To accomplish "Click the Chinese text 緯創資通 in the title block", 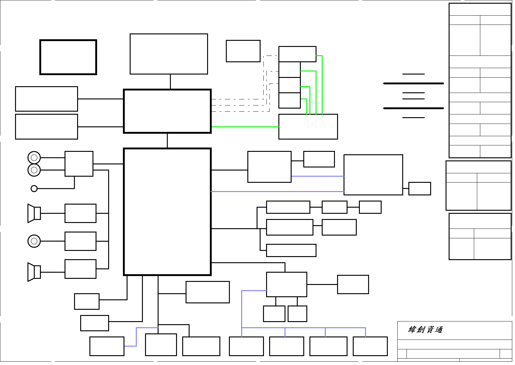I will (x=425, y=330).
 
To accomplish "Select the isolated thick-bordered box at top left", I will (x=68, y=57).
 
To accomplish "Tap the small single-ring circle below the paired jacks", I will (x=34, y=189).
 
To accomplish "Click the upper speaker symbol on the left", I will (x=34, y=213).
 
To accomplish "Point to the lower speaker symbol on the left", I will (x=34, y=272).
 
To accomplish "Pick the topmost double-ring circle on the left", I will (x=34, y=158).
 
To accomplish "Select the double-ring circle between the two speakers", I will (x=34, y=241).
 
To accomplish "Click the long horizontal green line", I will (x=245, y=127).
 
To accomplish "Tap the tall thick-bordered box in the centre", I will (x=167, y=212).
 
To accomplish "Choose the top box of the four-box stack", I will (x=297, y=54).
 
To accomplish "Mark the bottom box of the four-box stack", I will (x=289, y=100).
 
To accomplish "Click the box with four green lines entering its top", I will (x=308, y=127).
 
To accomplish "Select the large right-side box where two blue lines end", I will (x=373, y=175).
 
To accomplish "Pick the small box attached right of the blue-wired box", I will (x=419, y=189).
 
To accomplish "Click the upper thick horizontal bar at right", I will (x=413, y=83).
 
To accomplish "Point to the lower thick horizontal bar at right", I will (x=413, y=108).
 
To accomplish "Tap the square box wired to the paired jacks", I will (x=79, y=164).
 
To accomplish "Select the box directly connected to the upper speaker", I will (x=80, y=213).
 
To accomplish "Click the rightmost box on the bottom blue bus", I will (x=370, y=346).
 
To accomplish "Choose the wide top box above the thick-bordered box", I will (x=169, y=54).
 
